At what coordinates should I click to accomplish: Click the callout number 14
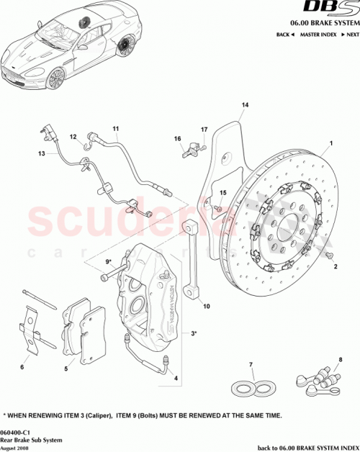pos(245,106)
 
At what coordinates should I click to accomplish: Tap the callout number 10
pos(206,306)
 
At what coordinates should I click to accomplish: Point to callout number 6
pos(22,367)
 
